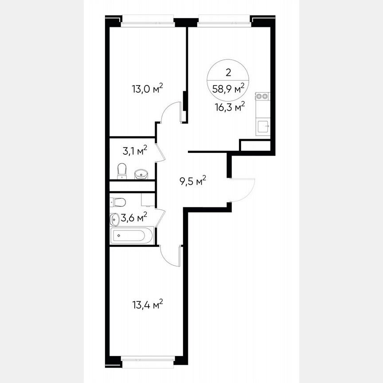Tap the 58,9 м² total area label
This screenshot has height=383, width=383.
pos(228,89)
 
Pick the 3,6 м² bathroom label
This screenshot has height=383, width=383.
pos(135,217)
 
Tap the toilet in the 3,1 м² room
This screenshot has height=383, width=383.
pos(122,171)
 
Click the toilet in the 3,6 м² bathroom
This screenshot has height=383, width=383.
pos(118,202)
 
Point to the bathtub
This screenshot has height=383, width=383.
pos(132,235)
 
